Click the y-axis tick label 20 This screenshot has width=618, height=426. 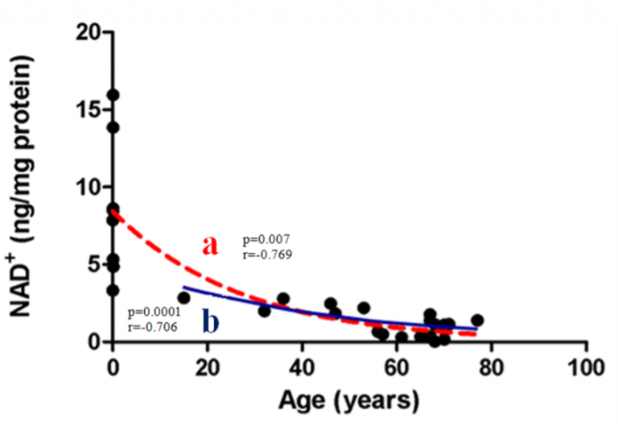coord(88,33)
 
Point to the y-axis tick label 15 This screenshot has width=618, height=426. coord(88,110)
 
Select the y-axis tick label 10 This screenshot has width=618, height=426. coord(88,188)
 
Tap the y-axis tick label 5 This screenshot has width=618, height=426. coord(95,265)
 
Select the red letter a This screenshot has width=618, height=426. coord(210,245)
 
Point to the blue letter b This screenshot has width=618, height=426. coord(211,322)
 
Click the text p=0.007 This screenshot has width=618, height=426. coord(266,240)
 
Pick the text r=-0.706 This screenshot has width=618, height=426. coord(153,327)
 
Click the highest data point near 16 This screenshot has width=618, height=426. coord(113,95)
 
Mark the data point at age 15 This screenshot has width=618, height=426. coord(183,298)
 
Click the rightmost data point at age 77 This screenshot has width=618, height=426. coord(477,321)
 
